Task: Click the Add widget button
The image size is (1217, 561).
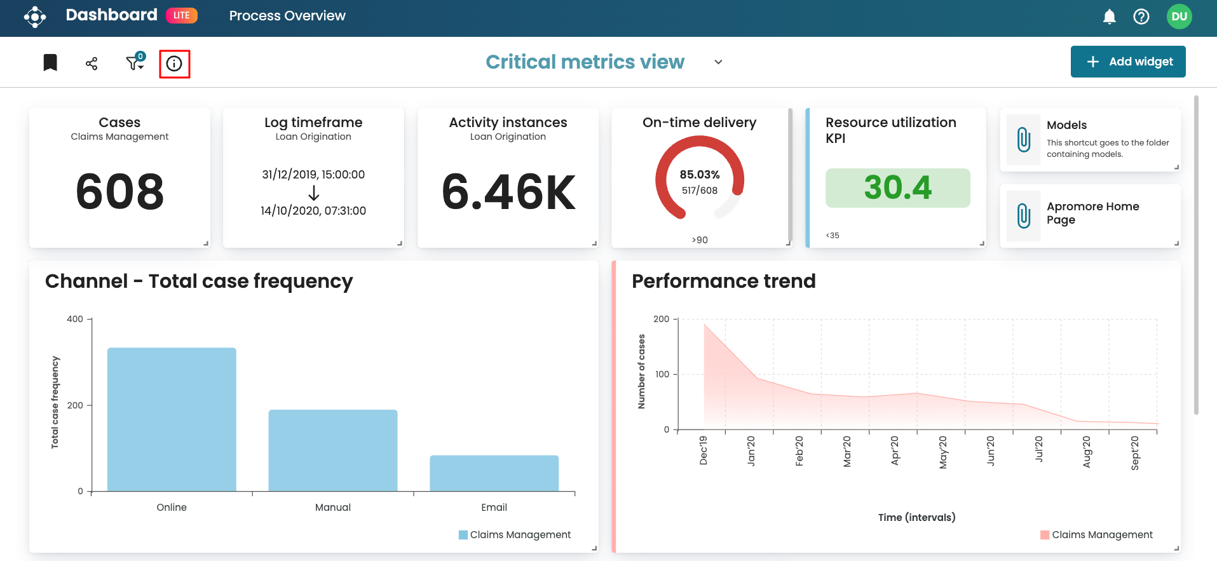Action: (x=1128, y=62)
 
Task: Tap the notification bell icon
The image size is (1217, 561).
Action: (x=1109, y=17)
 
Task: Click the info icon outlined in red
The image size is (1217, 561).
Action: (x=174, y=64)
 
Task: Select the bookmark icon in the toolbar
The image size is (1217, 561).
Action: (x=50, y=62)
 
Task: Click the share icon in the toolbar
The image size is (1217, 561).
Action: (x=92, y=64)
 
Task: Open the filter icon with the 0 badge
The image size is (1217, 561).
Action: (x=135, y=62)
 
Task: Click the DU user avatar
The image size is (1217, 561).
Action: (x=1179, y=17)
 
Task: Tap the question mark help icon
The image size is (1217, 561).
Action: (x=1141, y=17)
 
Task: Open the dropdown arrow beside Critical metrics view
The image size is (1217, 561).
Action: (x=718, y=62)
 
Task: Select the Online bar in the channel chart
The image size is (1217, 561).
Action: (x=172, y=419)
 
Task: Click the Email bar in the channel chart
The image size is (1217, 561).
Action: (x=494, y=473)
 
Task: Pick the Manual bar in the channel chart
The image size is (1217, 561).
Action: (x=333, y=450)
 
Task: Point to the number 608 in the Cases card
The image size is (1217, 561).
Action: (x=119, y=191)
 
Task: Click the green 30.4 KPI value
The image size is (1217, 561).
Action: (x=897, y=188)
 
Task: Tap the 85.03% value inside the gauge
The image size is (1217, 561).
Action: (x=700, y=175)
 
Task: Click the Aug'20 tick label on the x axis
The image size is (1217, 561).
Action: (x=1087, y=452)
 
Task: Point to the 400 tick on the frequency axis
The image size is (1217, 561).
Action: (x=75, y=319)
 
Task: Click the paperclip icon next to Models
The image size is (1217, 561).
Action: (x=1023, y=140)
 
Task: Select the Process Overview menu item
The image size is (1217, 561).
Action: (x=287, y=16)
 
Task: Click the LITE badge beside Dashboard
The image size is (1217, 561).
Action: (x=182, y=15)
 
